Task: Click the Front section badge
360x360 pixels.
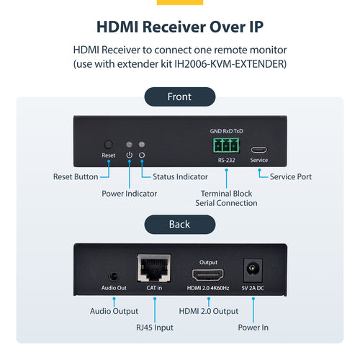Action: [x=179, y=96]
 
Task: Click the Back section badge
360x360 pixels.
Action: [x=179, y=224]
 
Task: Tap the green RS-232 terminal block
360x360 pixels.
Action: [x=225, y=145]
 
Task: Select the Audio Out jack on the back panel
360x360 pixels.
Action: [x=112, y=275]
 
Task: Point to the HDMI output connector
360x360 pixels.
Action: [x=207, y=275]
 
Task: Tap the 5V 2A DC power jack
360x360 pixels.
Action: [x=253, y=271]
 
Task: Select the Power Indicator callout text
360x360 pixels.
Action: [x=130, y=193]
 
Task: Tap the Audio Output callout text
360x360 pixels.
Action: [x=114, y=311]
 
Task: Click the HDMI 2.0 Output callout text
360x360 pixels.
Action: [x=208, y=311]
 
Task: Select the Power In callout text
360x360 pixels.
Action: [x=253, y=328]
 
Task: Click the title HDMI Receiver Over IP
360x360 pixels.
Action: [x=179, y=27]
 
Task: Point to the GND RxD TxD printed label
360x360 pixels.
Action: [x=226, y=131]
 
